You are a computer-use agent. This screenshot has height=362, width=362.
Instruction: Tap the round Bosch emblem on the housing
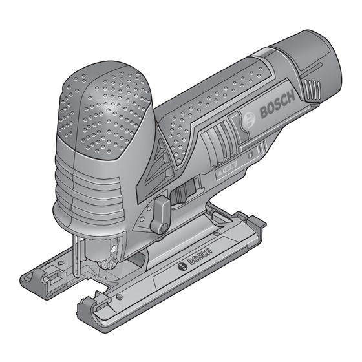[249, 120]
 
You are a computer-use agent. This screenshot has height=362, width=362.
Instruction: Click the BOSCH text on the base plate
[200, 257]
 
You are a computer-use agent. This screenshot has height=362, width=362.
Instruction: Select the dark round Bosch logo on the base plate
[182, 266]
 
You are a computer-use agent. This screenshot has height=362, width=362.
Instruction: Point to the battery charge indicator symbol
[230, 167]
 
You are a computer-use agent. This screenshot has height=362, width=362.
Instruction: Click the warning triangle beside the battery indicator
[220, 172]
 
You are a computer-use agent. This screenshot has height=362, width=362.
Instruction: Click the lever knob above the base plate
[161, 214]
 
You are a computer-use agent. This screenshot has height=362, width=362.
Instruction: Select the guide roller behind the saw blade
[108, 264]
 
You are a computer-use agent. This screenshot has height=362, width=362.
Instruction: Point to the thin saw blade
[76, 255]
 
